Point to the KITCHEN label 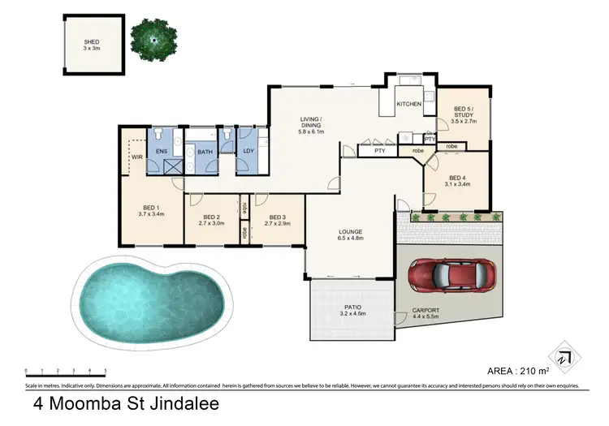408,105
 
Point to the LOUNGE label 350,233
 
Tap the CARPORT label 426,310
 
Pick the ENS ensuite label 162,151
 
